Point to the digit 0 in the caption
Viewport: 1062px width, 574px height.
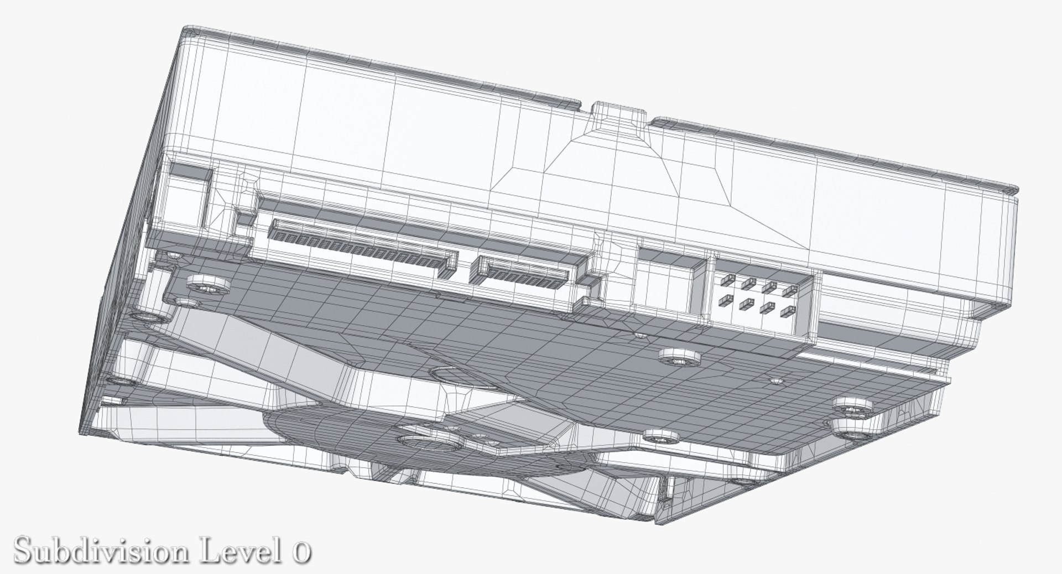click(299, 551)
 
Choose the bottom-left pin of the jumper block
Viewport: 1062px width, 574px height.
click(722, 301)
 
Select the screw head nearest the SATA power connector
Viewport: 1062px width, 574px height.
click(208, 286)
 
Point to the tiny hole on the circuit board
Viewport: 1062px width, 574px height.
click(777, 381)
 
